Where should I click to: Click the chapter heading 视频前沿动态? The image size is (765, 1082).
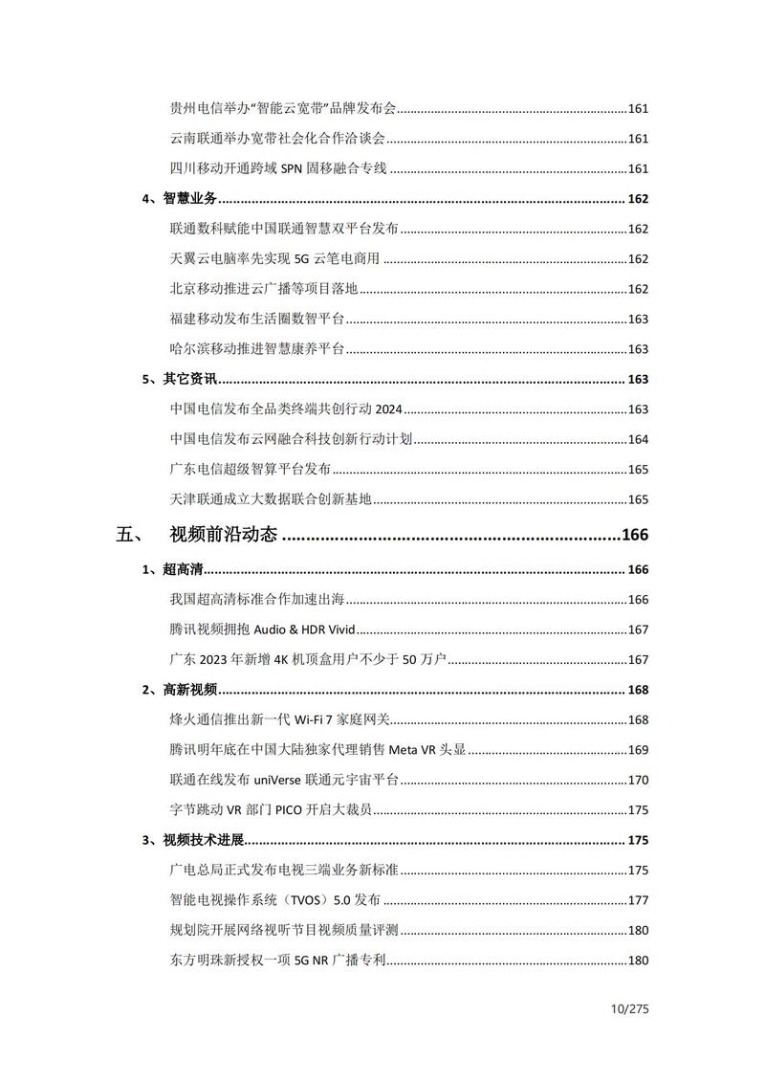(x=223, y=535)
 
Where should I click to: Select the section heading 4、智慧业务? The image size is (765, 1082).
(x=181, y=199)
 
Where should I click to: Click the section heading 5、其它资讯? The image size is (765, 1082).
(x=181, y=379)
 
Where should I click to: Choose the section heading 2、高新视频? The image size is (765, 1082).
(x=181, y=690)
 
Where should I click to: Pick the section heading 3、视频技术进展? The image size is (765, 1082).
(x=194, y=840)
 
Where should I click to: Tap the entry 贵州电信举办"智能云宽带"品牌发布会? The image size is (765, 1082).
(x=283, y=109)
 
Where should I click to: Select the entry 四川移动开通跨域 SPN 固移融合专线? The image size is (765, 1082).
(x=278, y=168)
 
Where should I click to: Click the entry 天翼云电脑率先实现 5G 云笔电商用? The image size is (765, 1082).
(x=274, y=259)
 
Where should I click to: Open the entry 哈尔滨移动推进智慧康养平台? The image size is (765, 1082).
(x=257, y=349)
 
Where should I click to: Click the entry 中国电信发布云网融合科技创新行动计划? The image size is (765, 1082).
(x=292, y=439)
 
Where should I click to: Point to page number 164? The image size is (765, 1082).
(x=638, y=439)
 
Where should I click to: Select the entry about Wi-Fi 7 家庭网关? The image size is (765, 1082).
(x=281, y=719)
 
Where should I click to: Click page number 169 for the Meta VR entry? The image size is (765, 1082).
(x=638, y=750)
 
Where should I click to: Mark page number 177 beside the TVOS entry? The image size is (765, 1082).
(x=638, y=900)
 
